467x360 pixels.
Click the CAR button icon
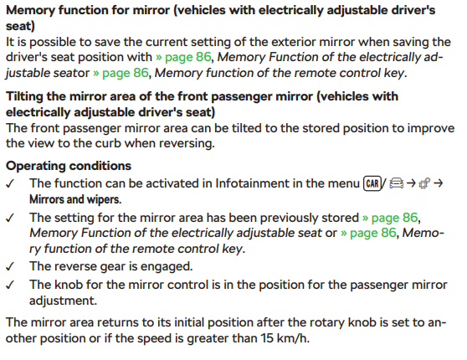pyautogui.click(x=372, y=183)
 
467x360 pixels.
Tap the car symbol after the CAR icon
pyautogui.click(x=397, y=183)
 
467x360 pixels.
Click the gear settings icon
pyautogui.click(x=424, y=183)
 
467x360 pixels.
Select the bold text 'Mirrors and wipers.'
pyautogui.click(x=75, y=199)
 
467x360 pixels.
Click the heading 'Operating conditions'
pyautogui.click(x=69, y=166)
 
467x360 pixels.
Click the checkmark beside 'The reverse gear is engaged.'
pyautogui.click(x=10, y=266)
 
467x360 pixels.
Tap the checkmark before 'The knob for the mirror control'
pyautogui.click(x=10, y=285)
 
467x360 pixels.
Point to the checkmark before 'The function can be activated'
pyautogui.click(x=10, y=184)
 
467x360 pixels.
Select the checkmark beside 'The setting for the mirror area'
pyautogui.click(x=10, y=219)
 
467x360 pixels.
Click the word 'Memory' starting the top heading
pyautogui.click(x=30, y=10)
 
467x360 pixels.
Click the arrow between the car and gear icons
pyautogui.click(x=411, y=183)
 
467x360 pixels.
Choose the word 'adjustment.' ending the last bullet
pyautogui.click(x=63, y=301)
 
